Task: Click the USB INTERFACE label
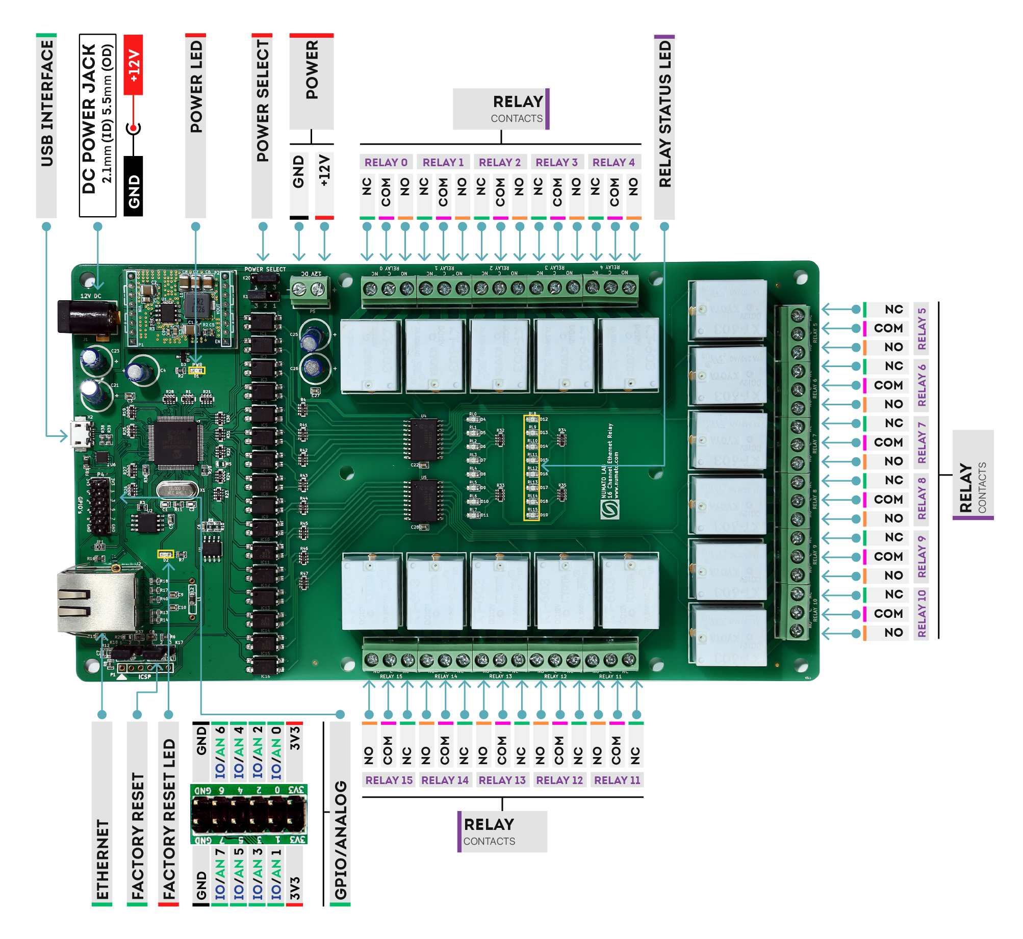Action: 46,104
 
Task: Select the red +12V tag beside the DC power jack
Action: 134,65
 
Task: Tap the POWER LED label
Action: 196,87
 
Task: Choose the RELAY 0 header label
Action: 386,163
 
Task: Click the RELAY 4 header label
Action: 613,163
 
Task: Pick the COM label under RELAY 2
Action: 500,193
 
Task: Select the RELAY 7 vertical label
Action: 922,442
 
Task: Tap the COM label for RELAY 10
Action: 888,614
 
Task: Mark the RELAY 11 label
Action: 617,780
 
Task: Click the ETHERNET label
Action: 102,859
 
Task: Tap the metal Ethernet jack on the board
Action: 97,602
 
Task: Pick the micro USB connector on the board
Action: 81,434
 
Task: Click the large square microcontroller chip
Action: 175,441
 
